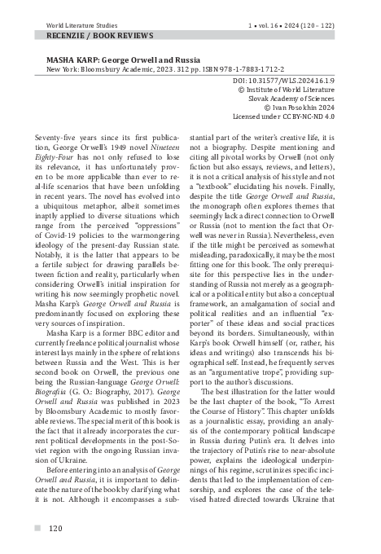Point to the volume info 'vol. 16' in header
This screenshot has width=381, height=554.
click(277, 6)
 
